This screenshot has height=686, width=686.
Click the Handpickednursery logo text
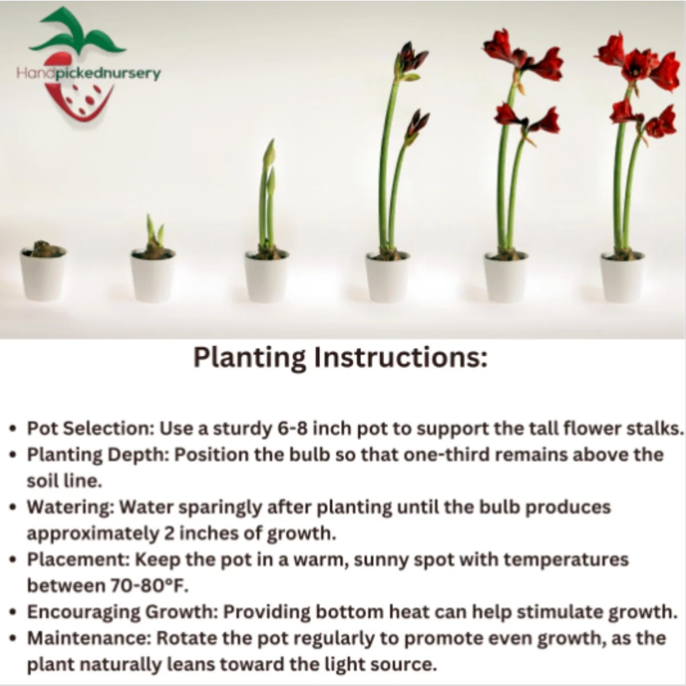[x=89, y=74]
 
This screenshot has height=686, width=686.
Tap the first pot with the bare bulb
[x=43, y=273]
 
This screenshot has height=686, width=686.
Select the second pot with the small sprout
[x=153, y=274]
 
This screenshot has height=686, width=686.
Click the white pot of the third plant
[x=266, y=276]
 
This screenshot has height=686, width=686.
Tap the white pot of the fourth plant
[x=388, y=277]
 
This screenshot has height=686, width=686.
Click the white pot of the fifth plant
[x=506, y=277]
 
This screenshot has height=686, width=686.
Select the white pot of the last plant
[x=623, y=277]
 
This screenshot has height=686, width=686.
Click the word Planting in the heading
[x=249, y=358]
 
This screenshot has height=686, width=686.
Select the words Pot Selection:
[x=90, y=428]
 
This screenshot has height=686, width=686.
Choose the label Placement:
[x=79, y=559]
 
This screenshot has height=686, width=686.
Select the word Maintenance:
[x=90, y=638]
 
